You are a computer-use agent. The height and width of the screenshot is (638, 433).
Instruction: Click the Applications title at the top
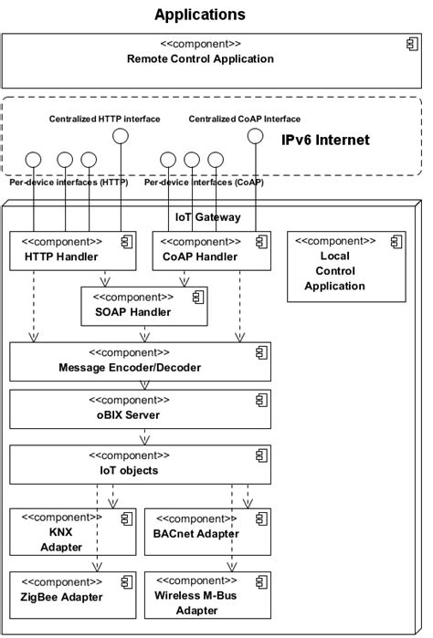pos(199,15)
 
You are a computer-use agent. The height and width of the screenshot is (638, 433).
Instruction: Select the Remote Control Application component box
pos(199,60)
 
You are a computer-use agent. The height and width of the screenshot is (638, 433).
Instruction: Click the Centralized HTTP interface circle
pos(119,136)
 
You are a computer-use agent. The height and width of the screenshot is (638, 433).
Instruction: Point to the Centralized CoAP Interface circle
pos(256,136)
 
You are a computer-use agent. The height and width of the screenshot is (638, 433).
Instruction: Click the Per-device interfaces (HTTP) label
pos(69,183)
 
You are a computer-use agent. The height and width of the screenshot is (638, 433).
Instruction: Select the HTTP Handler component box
pos(69,250)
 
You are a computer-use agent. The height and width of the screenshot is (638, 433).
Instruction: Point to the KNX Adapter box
pos(62,533)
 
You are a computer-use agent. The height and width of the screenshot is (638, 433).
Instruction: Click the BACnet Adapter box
pos(206,533)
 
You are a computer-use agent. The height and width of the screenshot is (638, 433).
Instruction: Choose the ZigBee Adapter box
pos(62,591)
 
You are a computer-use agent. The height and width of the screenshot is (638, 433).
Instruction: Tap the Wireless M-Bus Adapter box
pos(206,596)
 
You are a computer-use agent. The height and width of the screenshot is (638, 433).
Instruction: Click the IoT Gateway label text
pos(208,217)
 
